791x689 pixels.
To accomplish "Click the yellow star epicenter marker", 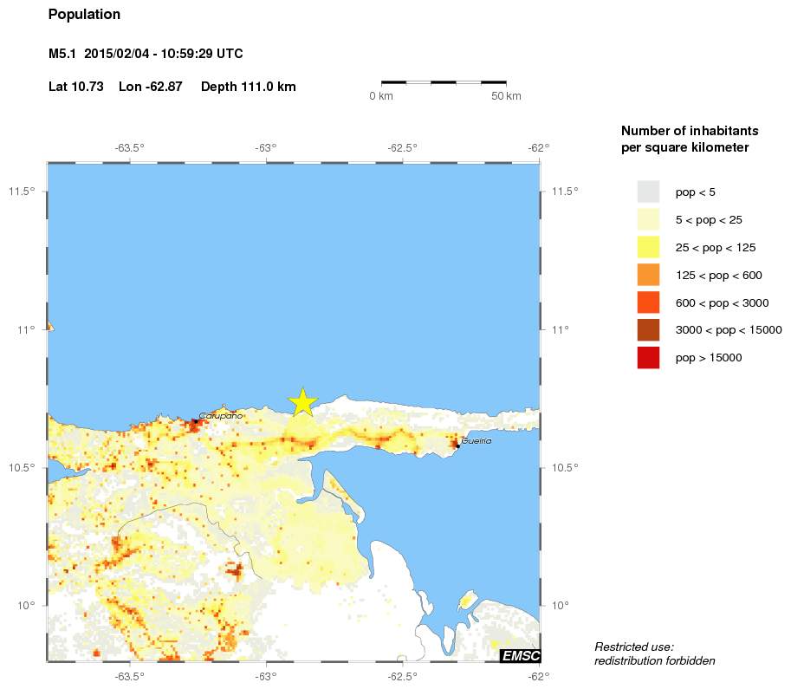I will click(x=302, y=402).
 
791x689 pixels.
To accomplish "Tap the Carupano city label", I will click(x=221, y=416).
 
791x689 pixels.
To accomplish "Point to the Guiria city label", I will click(x=477, y=441).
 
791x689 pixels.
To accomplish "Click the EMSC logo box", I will click(x=519, y=655).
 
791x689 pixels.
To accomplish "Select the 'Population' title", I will click(x=84, y=15).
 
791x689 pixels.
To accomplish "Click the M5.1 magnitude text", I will click(x=63, y=54).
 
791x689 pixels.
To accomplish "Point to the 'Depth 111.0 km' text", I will click(x=249, y=87).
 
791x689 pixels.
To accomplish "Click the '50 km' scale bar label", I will click(x=506, y=95).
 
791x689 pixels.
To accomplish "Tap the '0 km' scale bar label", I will click(x=381, y=95).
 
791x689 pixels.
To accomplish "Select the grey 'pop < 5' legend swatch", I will click(x=648, y=192).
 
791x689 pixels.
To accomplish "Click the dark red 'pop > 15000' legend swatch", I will click(x=648, y=357).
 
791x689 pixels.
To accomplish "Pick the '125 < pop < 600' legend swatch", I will click(x=648, y=275).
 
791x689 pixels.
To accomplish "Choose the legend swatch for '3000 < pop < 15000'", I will click(x=648, y=329).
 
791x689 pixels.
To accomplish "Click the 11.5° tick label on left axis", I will click(x=22, y=191).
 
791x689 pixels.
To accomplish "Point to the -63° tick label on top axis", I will click(x=266, y=147).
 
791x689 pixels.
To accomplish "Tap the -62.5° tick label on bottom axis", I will click(x=403, y=677).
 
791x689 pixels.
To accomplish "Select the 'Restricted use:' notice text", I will click(x=634, y=647).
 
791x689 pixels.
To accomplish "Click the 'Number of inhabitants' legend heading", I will click(x=690, y=131).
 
